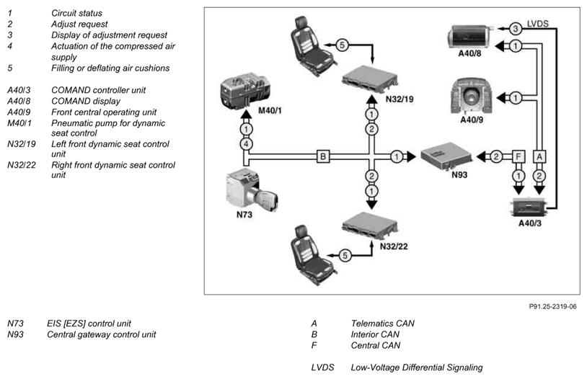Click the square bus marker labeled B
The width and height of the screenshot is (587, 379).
(324, 155)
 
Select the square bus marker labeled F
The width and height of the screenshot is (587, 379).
(516, 156)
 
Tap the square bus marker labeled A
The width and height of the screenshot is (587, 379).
(541, 156)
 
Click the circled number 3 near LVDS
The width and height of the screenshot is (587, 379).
(515, 28)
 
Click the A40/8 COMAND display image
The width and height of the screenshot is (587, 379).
(470, 37)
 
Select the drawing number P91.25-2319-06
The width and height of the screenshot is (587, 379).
(552, 306)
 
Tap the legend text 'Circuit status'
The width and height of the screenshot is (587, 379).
(76, 13)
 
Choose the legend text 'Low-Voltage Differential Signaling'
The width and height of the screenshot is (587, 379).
(417, 367)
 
